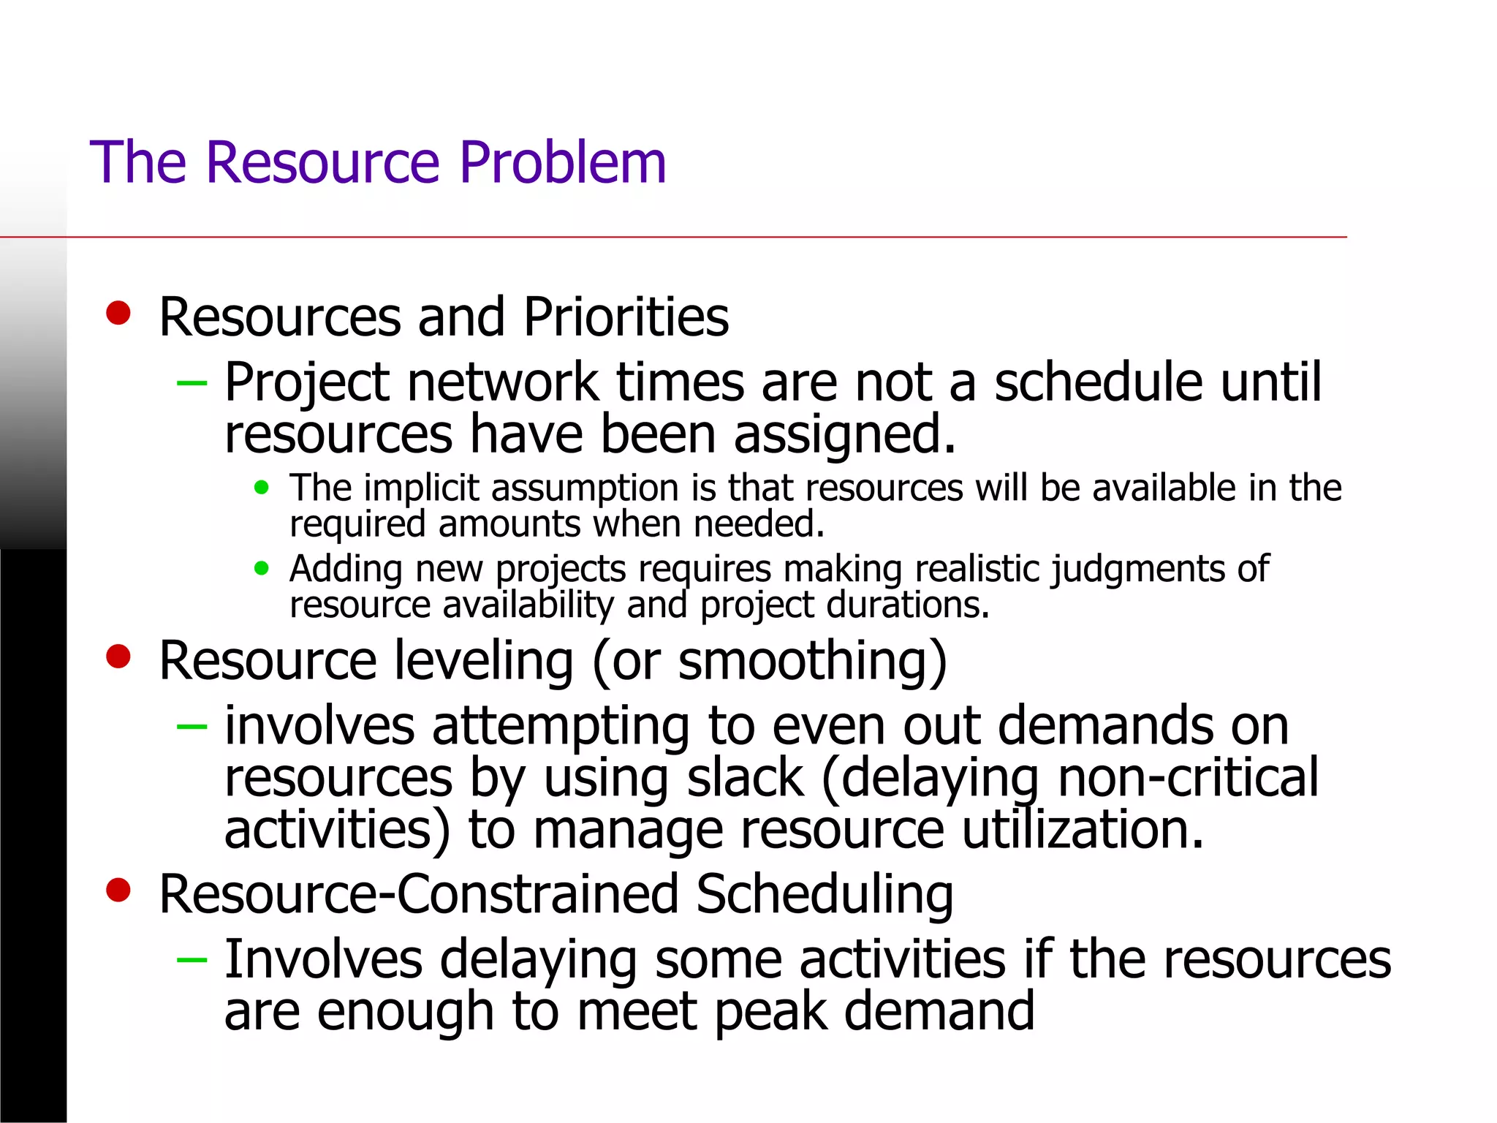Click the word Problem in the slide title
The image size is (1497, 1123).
[563, 162]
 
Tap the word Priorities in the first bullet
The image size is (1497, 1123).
[626, 317]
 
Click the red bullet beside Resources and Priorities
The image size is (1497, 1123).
[118, 313]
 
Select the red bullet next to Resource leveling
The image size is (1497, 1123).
[118, 656]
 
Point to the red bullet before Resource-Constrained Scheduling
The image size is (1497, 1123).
[118, 890]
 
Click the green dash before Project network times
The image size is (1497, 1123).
[192, 382]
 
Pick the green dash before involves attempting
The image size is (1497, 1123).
[192, 726]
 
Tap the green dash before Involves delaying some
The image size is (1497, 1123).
[192, 959]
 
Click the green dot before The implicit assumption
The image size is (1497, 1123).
[262, 488]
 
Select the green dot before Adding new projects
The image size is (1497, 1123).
[262, 568]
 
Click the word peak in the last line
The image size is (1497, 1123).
[770, 1012]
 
